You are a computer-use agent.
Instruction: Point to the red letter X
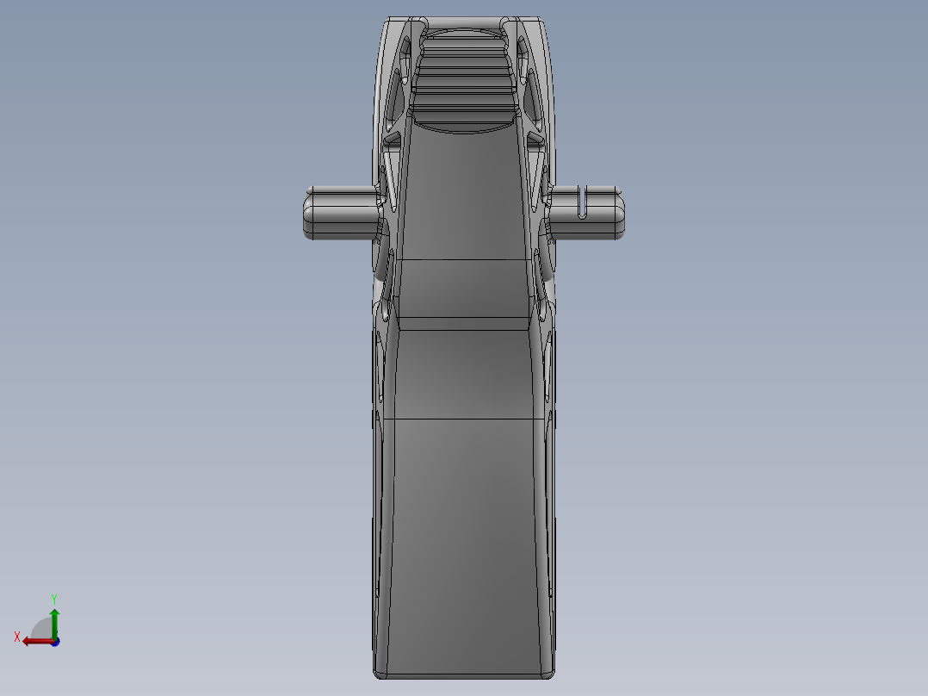point(17,637)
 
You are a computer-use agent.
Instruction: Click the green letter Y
point(53,598)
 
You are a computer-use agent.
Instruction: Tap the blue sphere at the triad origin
point(54,642)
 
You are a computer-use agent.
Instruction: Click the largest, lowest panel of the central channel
point(464,543)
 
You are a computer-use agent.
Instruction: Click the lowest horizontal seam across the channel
point(464,419)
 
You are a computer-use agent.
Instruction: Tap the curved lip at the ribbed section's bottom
point(464,127)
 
